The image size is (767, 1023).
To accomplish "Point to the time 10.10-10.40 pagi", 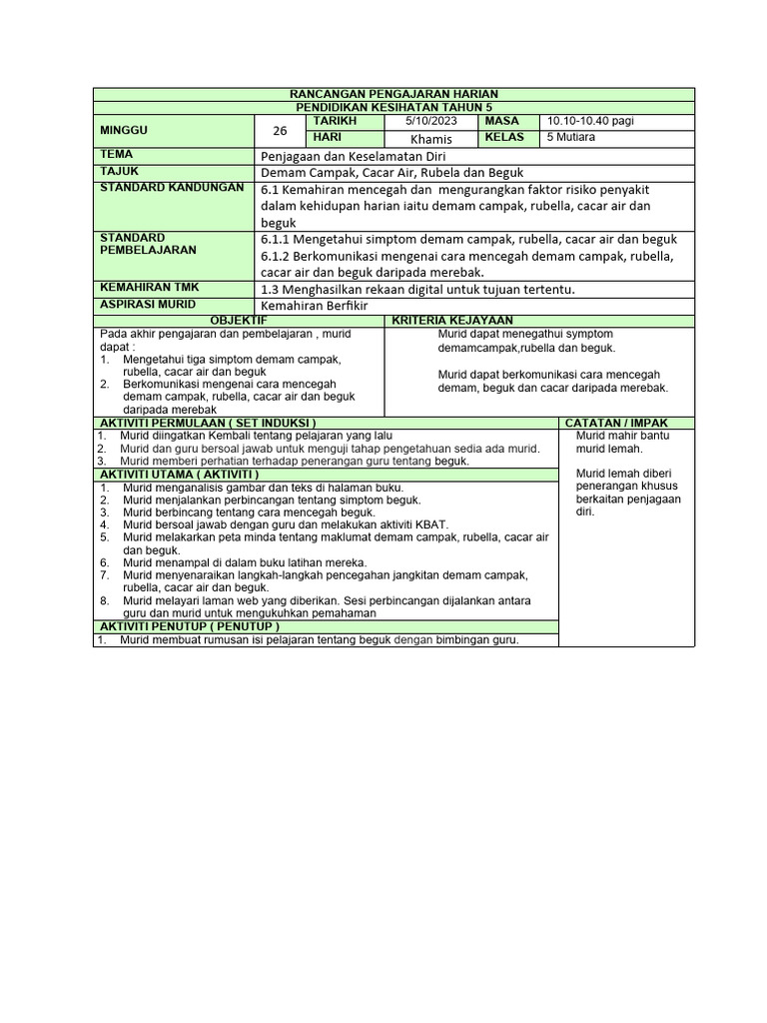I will [x=589, y=121].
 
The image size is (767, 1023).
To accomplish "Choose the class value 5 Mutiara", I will [x=571, y=137].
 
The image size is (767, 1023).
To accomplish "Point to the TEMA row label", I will [x=116, y=155].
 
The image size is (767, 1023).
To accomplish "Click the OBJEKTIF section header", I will [x=238, y=319].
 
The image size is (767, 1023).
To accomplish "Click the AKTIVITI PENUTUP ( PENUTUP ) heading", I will [x=188, y=625].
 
